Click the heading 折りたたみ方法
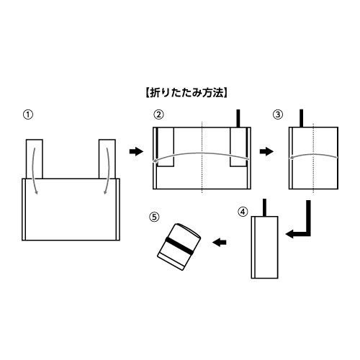coord(186,93)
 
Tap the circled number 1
coord(27,114)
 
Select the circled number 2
coord(158,114)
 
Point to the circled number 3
coord(278,114)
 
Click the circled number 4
coord(243,212)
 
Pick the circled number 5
coord(154,217)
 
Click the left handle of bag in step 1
coord(35,159)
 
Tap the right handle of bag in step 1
coord(107,159)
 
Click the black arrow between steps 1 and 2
coord(136,151)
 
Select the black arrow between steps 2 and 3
coord(266,151)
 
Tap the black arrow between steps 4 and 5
coord(220,243)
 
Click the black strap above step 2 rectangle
coord(238,118)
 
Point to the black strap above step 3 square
coord(302,118)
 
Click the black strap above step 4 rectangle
coord(265,207)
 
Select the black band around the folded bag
coord(179,246)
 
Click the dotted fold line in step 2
coord(202,157)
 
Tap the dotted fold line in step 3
coord(313,158)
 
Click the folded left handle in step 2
coord(166,147)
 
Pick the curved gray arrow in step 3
coord(313,155)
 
